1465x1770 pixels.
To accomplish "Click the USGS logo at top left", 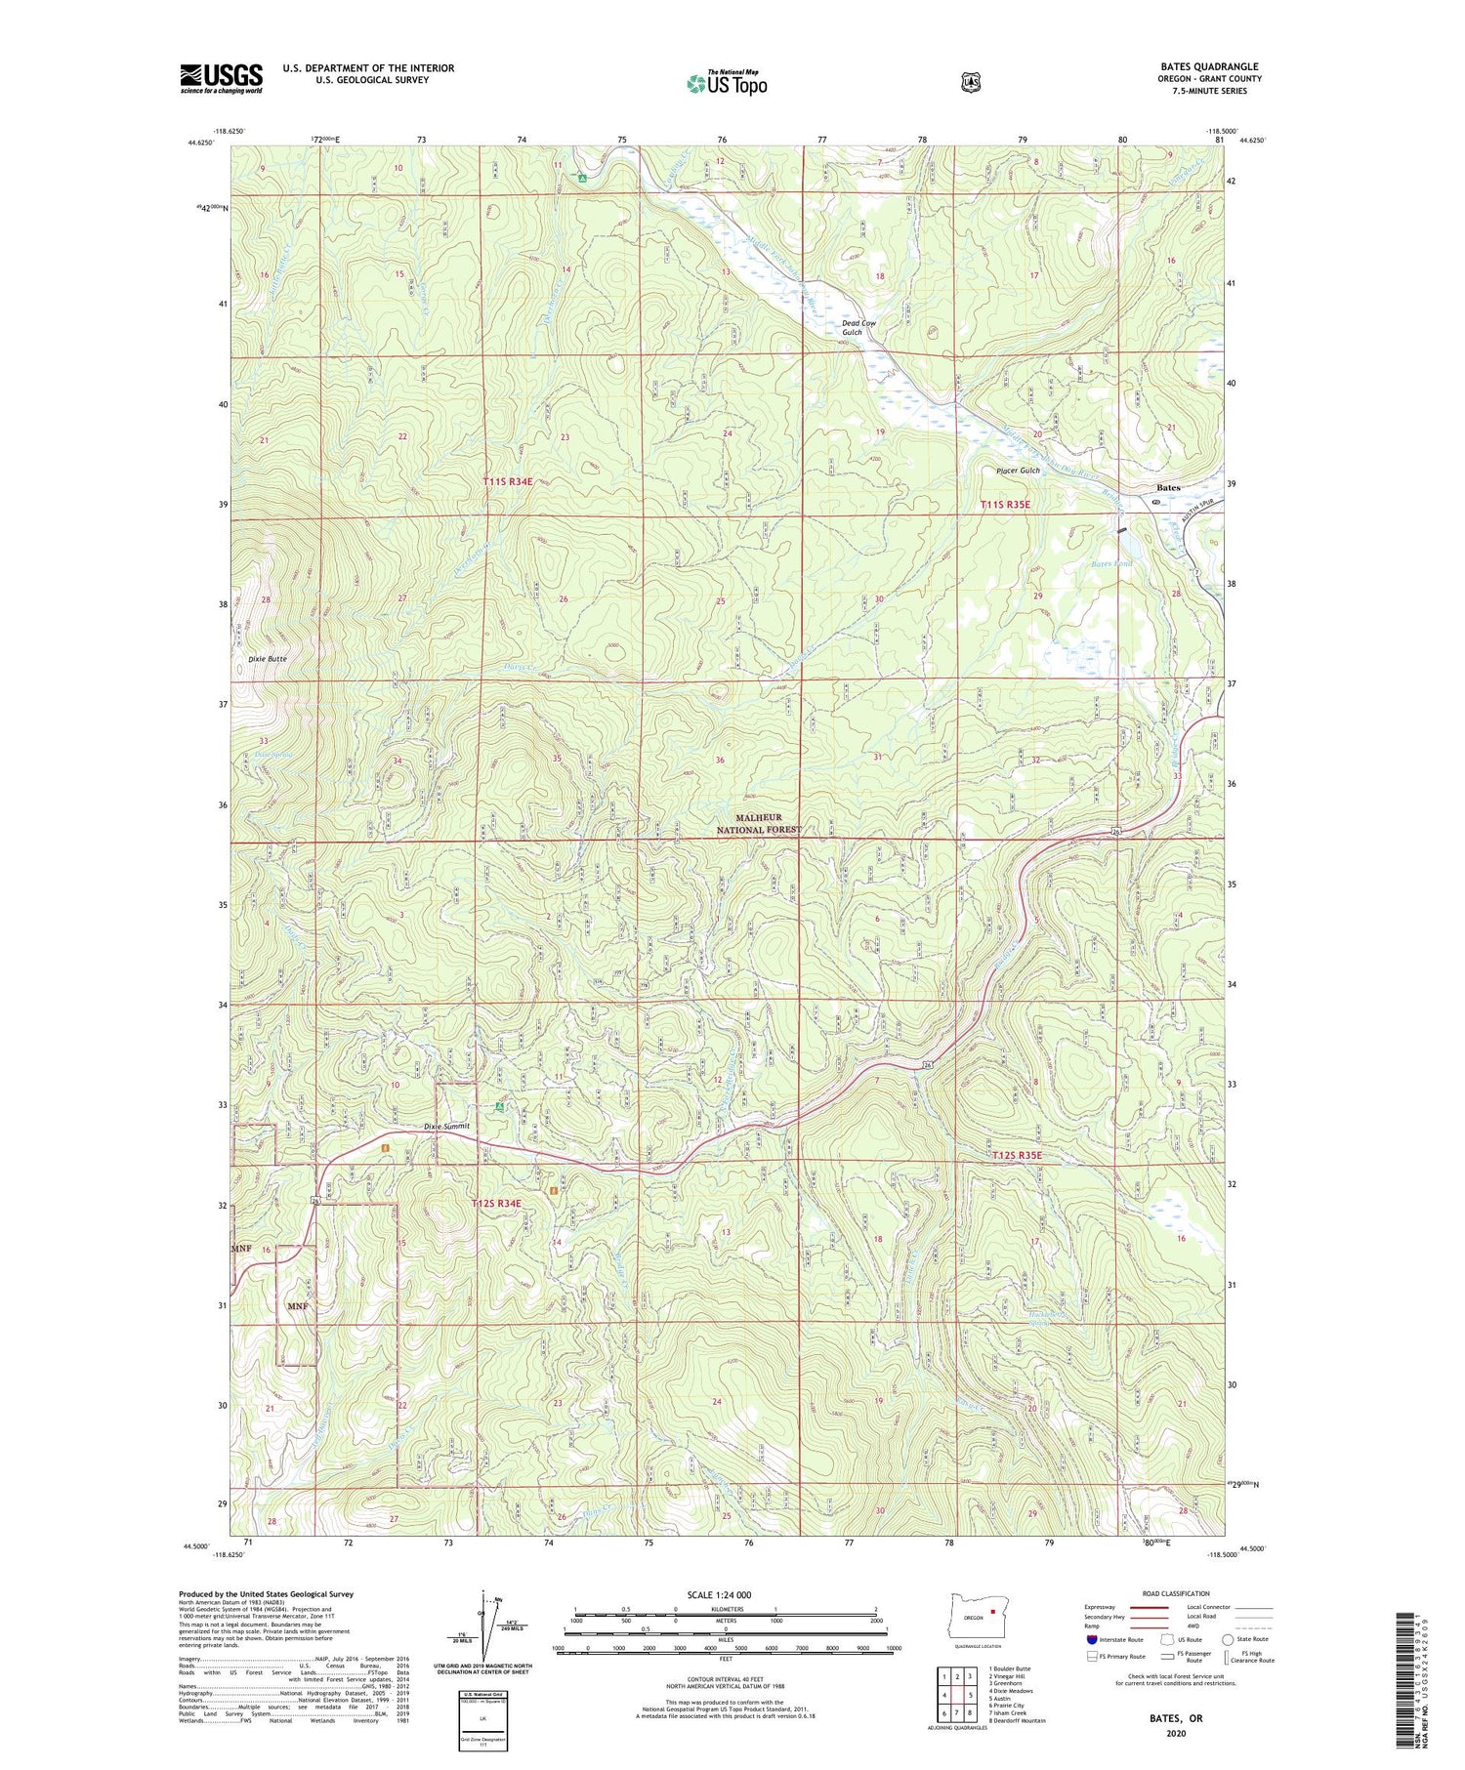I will pos(221,78).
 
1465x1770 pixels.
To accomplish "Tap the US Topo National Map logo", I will pos(727,82).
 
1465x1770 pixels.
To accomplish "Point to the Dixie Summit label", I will pos(446,1126).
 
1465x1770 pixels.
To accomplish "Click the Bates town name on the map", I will pos(1168,487).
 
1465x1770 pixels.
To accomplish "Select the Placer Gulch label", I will pos(1018,471).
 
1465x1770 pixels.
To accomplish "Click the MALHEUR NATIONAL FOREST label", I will pos(759,823).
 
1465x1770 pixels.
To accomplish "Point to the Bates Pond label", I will pos(1110,564).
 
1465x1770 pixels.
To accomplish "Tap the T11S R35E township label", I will pos(1005,505).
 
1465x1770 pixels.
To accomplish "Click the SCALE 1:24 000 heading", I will pos(719,1594).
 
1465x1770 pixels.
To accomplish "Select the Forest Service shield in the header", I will pos(970,82).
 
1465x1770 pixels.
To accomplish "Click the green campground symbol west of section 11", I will pos(500,1107).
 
